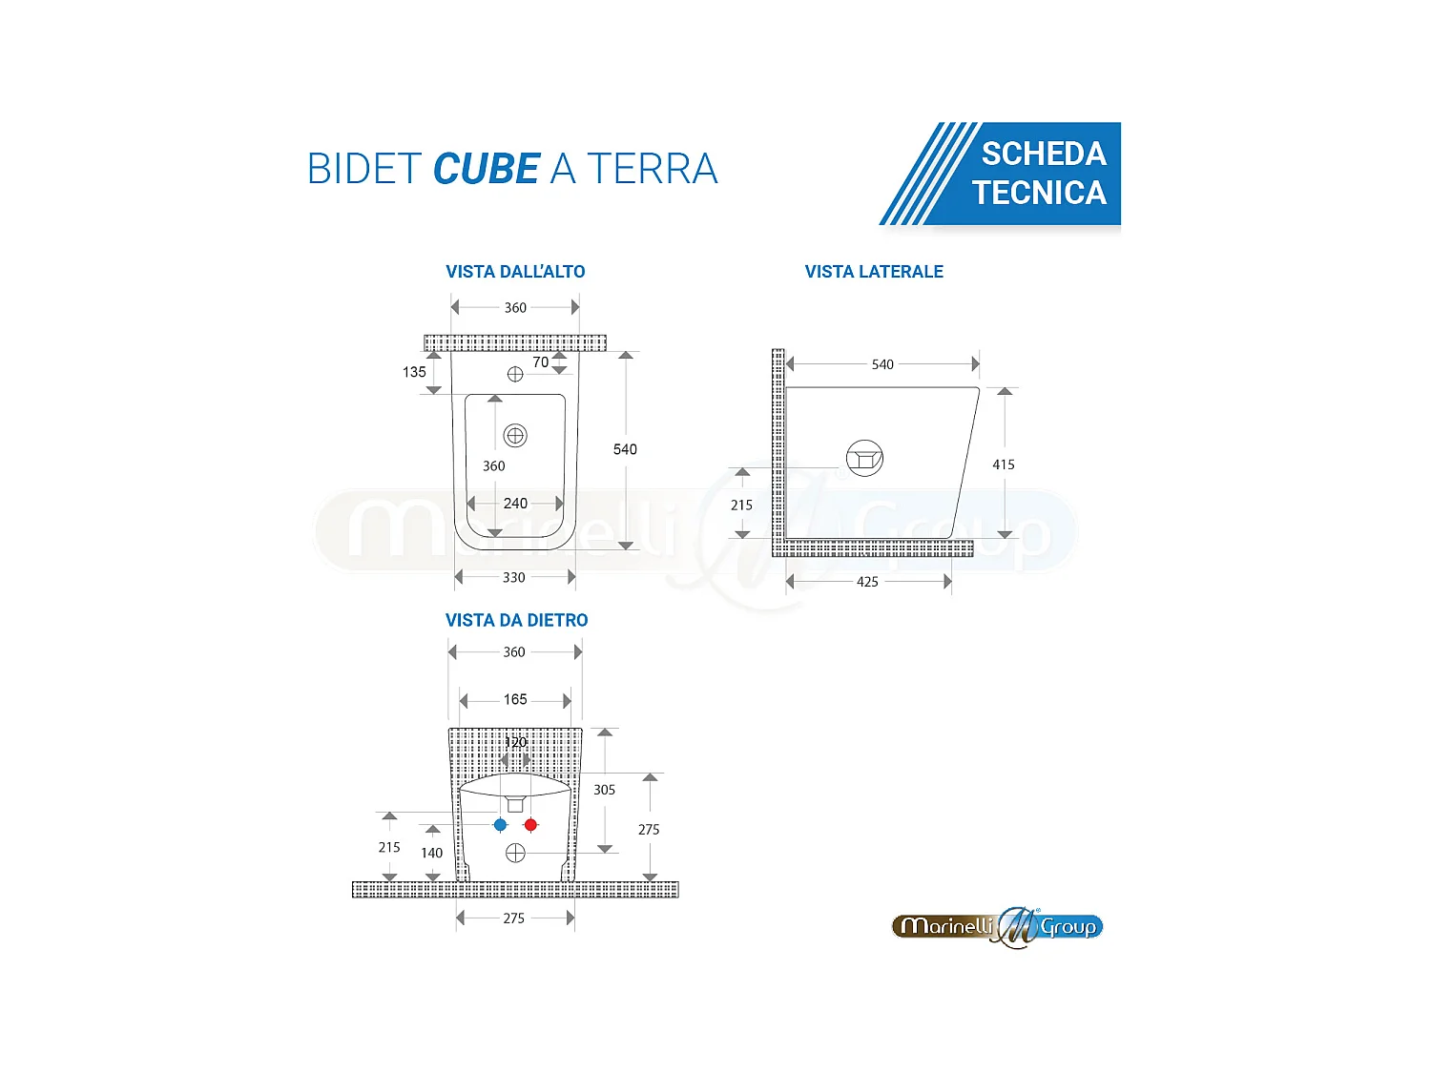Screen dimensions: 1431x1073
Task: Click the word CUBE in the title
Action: [x=487, y=170]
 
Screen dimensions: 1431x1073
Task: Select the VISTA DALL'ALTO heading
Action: [x=515, y=272]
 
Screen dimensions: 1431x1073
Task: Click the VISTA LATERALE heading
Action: [x=874, y=272]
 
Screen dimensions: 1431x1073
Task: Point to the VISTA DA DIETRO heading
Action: [x=516, y=620]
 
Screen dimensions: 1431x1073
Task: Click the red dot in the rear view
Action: [x=530, y=825]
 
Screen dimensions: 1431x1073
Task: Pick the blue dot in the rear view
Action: [x=500, y=825]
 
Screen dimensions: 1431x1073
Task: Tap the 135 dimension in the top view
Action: [x=414, y=372]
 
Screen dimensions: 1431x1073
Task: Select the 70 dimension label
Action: [x=541, y=362]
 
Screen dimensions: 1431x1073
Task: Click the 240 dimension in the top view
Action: [x=515, y=503]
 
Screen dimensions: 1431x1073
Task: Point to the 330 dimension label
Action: [x=514, y=577]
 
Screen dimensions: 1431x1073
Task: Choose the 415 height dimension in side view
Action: [x=1004, y=464]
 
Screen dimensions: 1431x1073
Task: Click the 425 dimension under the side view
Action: [x=867, y=582]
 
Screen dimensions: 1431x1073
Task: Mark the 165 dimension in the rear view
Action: [x=515, y=699]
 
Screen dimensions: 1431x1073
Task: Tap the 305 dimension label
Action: [x=604, y=790]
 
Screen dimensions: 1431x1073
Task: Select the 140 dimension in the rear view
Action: [x=431, y=853]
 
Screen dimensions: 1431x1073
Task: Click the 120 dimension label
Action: [x=515, y=742]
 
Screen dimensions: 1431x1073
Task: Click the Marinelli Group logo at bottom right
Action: [x=998, y=927]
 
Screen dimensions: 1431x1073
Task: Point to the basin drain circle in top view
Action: [x=515, y=436]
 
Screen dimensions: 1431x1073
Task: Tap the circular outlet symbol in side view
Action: [x=864, y=458]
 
